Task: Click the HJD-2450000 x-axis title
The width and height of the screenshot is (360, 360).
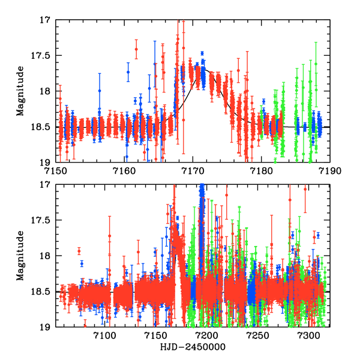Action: [193, 347]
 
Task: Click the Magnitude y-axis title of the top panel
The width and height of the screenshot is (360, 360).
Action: [20, 91]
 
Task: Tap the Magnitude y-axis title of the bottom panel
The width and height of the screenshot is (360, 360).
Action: [20, 256]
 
